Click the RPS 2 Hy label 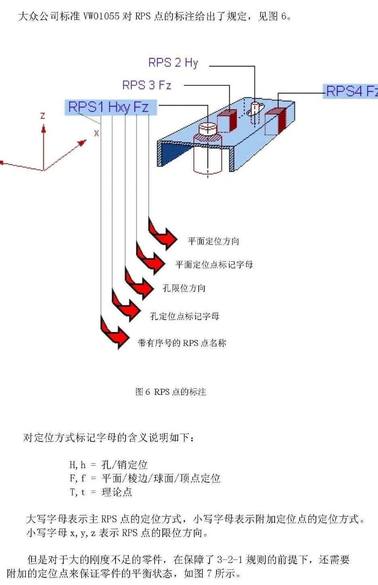tap(173, 63)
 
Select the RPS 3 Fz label tap(147, 85)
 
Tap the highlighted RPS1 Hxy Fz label tap(111, 107)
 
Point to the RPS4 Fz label tap(351, 91)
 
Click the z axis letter tap(43, 116)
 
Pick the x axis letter tap(97, 133)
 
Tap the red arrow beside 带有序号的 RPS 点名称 tap(115, 332)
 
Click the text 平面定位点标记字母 tap(214, 265)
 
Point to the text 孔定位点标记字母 tap(185, 316)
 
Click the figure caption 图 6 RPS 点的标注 tap(171, 392)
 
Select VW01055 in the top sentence tap(101, 17)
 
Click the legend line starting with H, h tap(109, 464)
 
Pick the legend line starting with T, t tap(101, 492)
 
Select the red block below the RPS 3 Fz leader tap(227, 121)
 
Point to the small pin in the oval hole tap(255, 113)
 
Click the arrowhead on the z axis tap(44, 129)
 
